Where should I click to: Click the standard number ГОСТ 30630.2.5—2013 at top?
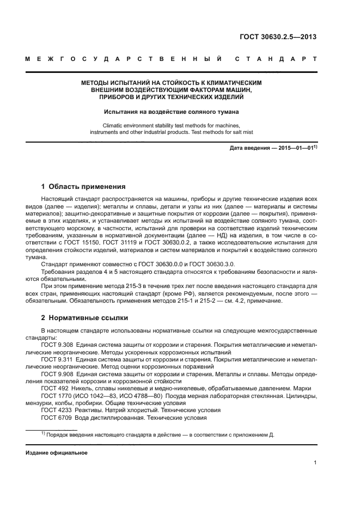[x=278, y=37]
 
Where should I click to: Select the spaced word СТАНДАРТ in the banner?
[x=276, y=58]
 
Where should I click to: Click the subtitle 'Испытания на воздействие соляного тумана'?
[x=172, y=112]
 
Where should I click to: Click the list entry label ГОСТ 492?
[x=53, y=388]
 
